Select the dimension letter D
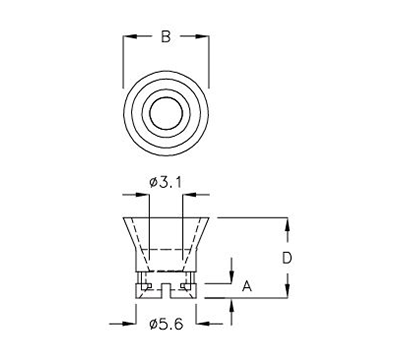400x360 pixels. (286, 257)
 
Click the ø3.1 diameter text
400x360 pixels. (165, 181)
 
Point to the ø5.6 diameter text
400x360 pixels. (165, 323)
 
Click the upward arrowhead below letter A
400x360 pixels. (232, 301)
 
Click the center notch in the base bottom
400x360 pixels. (165, 291)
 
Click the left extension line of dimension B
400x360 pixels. (123, 60)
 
